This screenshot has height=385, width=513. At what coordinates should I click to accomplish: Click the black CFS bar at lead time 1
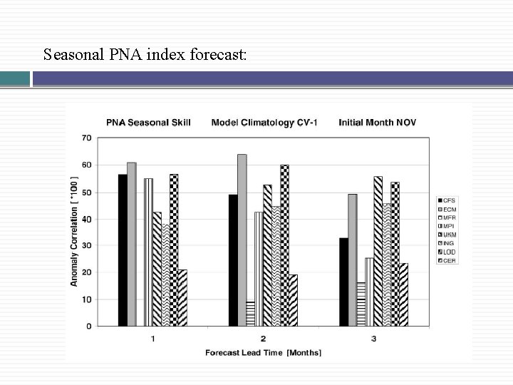tap(123, 250)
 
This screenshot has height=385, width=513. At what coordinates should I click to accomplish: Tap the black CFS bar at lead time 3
tap(343, 282)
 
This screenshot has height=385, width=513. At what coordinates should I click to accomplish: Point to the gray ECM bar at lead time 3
tap(352, 260)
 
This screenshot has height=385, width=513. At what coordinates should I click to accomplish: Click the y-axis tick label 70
tap(86, 138)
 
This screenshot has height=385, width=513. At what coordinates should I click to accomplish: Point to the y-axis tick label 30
tap(86, 245)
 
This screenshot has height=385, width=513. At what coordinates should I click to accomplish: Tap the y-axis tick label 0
tap(88, 327)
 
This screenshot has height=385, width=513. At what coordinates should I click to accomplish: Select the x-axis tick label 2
tap(263, 338)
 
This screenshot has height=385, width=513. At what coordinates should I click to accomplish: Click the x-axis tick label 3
tap(373, 338)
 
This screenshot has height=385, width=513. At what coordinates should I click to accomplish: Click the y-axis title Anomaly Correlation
tap(74, 231)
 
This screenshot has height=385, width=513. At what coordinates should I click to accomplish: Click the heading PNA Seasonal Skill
tap(147, 123)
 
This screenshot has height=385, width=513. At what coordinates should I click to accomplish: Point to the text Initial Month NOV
tap(378, 123)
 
